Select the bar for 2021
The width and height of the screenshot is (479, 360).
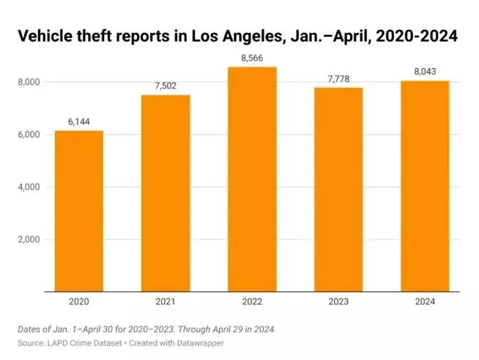(166, 193)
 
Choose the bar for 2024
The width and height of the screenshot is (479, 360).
(424, 186)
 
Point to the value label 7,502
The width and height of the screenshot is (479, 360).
(166, 87)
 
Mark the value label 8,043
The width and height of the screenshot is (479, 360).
(424, 72)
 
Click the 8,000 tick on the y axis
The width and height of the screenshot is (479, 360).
(31, 82)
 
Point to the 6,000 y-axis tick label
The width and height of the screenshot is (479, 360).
(31, 135)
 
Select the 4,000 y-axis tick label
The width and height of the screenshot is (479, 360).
(31, 187)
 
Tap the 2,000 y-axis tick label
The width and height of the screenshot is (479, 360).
(31, 240)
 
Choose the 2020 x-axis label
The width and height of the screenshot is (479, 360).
(79, 301)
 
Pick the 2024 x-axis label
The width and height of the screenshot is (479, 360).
(424, 301)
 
